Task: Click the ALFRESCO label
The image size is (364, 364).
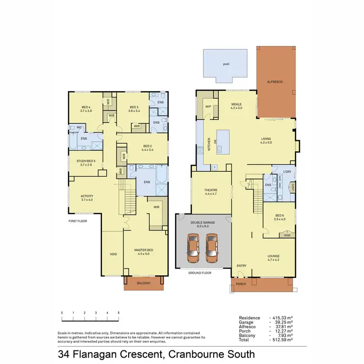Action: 275,82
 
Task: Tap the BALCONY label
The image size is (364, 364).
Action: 143,283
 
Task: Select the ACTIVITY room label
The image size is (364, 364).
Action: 87,196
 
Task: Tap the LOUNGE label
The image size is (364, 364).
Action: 274,256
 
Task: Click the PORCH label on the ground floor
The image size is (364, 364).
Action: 240,284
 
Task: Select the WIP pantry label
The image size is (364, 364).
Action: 208,106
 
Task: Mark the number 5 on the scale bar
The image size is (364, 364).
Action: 118,313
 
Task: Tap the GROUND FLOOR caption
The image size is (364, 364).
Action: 200,273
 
